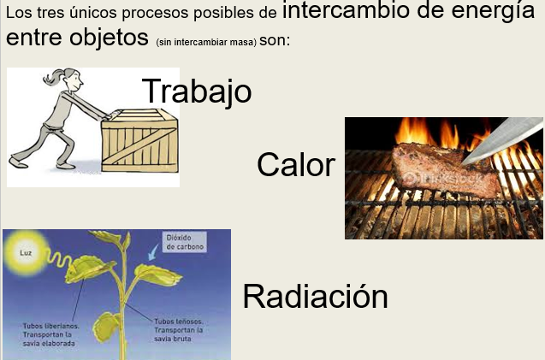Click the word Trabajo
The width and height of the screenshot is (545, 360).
(x=197, y=91)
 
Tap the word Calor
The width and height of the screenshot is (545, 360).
(x=296, y=165)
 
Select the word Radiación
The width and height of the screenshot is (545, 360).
(x=315, y=296)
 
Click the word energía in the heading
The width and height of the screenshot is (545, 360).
(x=493, y=10)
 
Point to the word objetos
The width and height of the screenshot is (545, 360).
(x=109, y=38)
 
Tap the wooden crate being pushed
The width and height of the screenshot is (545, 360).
(x=139, y=140)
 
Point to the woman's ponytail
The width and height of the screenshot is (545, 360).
(x=53, y=77)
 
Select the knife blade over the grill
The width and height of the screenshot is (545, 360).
(x=502, y=139)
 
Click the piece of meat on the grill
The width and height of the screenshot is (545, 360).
(x=446, y=170)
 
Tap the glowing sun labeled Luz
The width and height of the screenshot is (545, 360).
(x=26, y=253)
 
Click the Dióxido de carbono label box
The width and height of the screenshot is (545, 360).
(x=185, y=242)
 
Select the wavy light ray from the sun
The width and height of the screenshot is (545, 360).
(x=60, y=259)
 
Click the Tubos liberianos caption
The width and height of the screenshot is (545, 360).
(x=50, y=334)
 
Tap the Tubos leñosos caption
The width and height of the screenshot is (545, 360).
(x=179, y=330)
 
